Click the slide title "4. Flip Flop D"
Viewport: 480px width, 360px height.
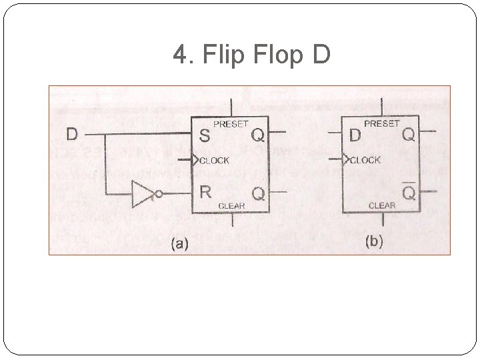(251, 55)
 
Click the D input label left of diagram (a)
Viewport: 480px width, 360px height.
(72, 134)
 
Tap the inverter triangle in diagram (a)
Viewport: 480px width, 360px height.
(143, 193)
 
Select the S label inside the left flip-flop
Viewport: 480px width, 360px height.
(205, 136)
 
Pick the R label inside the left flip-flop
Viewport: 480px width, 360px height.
(205, 193)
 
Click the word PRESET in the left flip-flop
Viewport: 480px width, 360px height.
(231, 124)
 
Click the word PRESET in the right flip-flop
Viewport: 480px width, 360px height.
(381, 124)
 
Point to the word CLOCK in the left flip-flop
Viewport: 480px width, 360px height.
(215, 160)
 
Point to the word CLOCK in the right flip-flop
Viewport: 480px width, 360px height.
(365, 160)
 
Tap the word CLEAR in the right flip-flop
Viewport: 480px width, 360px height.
(381, 206)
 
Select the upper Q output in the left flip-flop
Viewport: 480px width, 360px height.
(257, 136)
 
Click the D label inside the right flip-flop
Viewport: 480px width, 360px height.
(355, 136)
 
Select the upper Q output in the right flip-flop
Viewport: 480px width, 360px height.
(407, 136)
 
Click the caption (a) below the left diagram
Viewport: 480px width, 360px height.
(178, 243)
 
